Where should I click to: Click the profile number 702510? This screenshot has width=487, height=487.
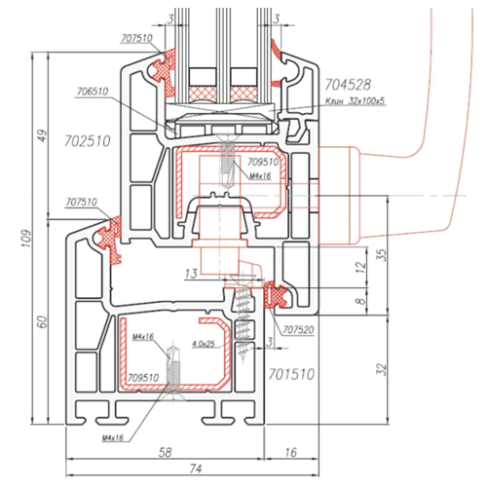(x=88, y=141)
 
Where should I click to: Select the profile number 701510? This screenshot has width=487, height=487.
(x=291, y=374)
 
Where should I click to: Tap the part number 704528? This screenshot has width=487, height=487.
(x=348, y=85)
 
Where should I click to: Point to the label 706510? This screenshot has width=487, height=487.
(x=93, y=92)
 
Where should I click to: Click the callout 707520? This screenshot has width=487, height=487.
(x=298, y=330)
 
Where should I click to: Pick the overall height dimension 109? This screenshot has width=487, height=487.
(x=26, y=239)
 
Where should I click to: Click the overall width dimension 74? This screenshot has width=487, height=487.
(x=196, y=468)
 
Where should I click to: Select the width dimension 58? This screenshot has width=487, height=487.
(x=166, y=452)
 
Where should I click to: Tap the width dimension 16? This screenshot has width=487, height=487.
(x=290, y=452)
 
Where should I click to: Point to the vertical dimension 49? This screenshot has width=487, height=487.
(x=43, y=135)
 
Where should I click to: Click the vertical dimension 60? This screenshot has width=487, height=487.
(x=43, y=321)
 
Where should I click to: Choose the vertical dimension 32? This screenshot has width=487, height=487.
(x=382, y=369)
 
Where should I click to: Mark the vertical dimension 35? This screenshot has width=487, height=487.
(x=382, y=255)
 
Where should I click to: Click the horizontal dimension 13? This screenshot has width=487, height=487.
(x=191, y=274)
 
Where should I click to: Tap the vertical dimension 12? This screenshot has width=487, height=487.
(x=360, y=266)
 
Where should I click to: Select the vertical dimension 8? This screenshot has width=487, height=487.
(x=360, y=301)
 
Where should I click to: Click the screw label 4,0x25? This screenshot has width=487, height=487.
(x=204, y=344)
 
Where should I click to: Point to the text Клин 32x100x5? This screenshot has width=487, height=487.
(x=356, y=101)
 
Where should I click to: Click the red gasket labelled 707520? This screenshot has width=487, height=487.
(x=276, y=295)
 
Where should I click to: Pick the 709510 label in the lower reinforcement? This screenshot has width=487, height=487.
(x=143, y=378)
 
